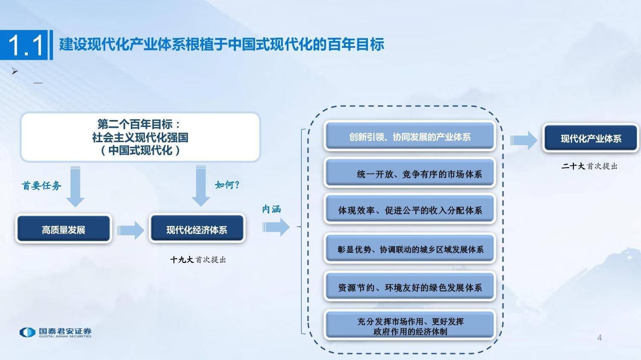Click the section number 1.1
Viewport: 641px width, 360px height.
tap(26, 45)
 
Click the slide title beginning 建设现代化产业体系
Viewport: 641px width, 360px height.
tap(221, 44)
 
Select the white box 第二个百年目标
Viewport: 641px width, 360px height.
tap(140, 137)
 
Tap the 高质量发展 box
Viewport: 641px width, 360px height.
tap(64, 229)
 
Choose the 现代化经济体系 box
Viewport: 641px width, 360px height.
tap(197, 229)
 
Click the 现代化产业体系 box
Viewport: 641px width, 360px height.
tap(591, 138)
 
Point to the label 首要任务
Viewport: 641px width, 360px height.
tap(41, 185)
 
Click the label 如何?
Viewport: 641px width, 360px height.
tap(227, 184)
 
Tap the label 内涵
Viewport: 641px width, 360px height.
tap(271, 209)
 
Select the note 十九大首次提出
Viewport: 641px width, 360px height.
tap(198, 259)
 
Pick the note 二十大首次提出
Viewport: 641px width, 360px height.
tap(590, 166)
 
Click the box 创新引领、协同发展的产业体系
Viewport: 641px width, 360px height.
tap(409, 137)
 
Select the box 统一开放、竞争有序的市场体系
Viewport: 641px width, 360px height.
tap(409, 173)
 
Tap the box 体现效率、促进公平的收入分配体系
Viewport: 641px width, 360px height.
tap(409, 210)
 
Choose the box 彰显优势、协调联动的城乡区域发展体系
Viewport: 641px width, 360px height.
tap(409, 249)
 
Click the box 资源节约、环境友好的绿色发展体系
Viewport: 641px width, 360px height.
tap(409, 287)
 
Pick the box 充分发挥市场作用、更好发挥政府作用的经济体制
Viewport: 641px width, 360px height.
tap(409, 326)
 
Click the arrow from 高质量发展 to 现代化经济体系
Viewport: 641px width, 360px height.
tap(130, 230)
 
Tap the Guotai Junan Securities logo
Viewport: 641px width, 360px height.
tap(56, 333)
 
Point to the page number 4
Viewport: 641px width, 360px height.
tap(600, 338)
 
